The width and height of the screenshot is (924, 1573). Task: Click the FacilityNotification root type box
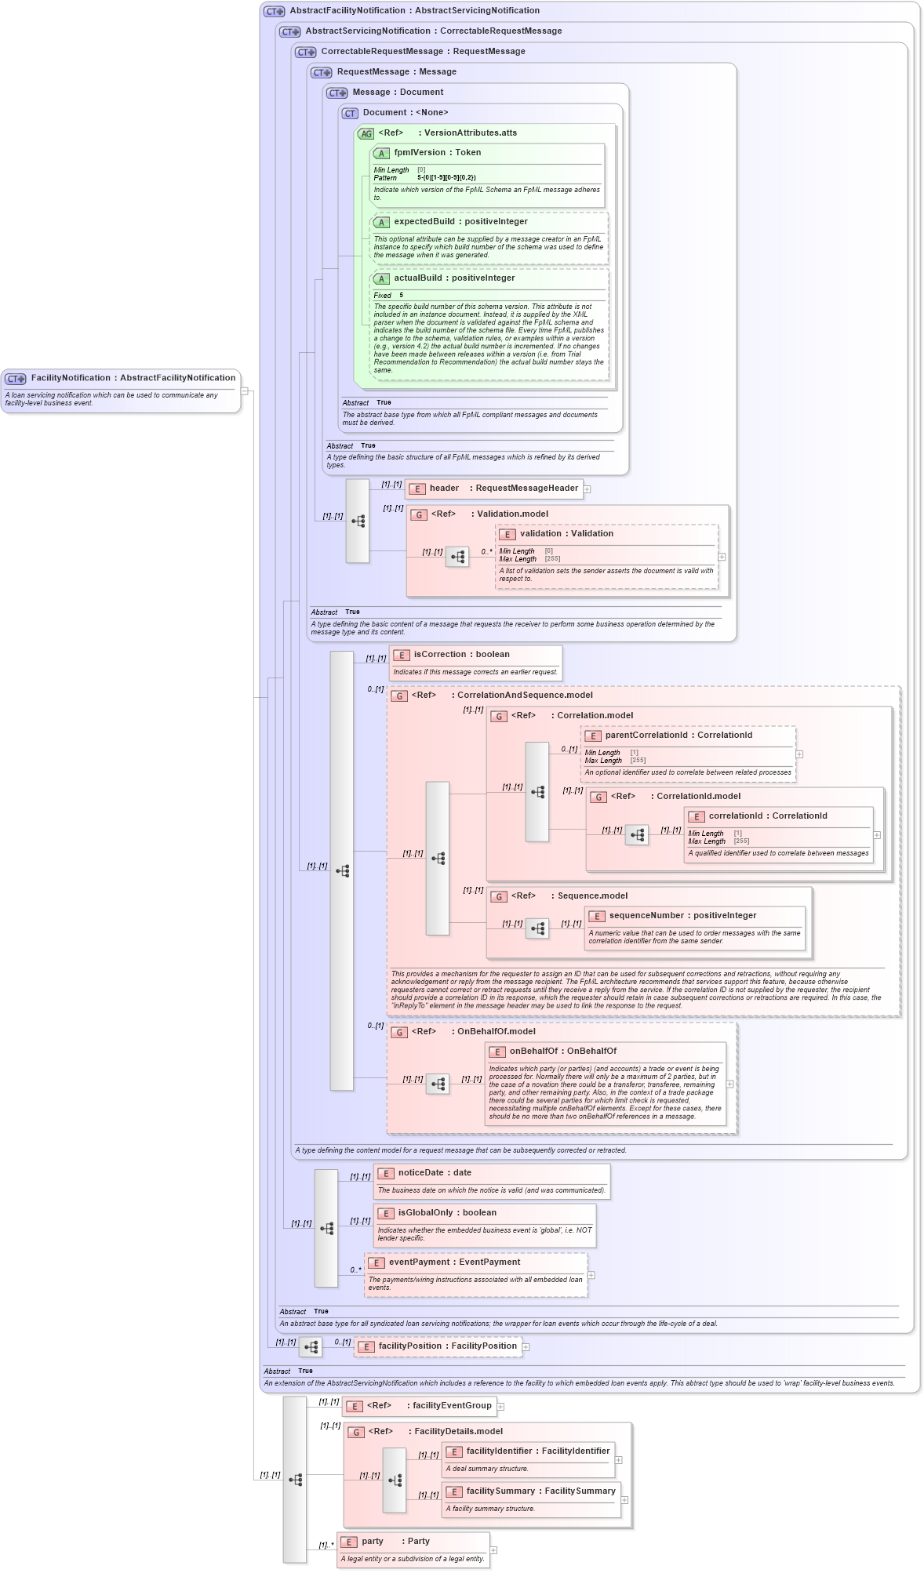[x=120, y=379]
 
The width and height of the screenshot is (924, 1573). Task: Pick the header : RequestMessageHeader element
[x=503, y=489]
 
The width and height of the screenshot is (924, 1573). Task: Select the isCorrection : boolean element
[x=461, y=655]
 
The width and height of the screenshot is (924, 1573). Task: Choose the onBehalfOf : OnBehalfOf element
[x=562, y=1052]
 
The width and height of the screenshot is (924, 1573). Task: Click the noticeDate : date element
[x=435, y=1173]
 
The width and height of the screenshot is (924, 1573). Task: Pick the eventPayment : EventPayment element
[x=454, y=1262]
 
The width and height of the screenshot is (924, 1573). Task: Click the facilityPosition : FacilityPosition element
[x=447, y=1346]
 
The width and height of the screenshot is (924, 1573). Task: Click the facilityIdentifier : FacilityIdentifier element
[x=537, y=1451]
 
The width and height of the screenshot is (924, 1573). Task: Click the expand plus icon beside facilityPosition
[x=526, y=1347]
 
